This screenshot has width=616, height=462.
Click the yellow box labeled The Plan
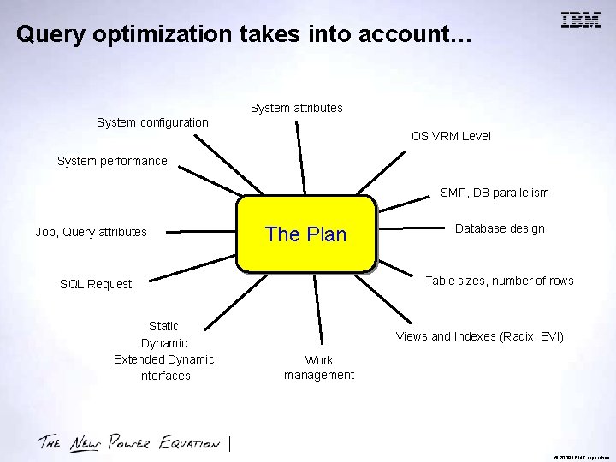pyautogui.click(x=306, y=234)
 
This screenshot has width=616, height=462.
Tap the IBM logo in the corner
pyautogui.click(x=580, y=21)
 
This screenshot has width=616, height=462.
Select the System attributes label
pyautogui.click(x=296, y=108)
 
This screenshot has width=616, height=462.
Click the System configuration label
pyautogui.click(x=152, y=122)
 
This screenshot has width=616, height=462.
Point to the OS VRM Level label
pyautogui.click(x=451, y=136)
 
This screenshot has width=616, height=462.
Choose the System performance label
pyautogui.click(x=112, y=161)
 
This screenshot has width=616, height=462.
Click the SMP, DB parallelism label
pyautogui.click(x=495, y=192)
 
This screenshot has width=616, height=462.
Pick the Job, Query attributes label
pyautogui.click(x=91, y=231)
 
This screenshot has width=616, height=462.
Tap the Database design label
pyautogui.click(x=500, y=228)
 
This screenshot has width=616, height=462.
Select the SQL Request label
pyautogui.click(x=96, y=284)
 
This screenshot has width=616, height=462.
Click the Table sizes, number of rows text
pyautogui.click(x=500, y=281)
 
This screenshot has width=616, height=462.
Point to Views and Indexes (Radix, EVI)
pyautogui.click(x=479, y=336)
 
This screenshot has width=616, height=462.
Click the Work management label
pyautogui.click(x=319, y=367)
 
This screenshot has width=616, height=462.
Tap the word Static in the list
pyautogui.click(x=163, y=326)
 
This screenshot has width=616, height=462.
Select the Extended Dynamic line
pyautogui.click(x=163, y=358)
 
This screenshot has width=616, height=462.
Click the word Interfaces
pyautogui.click(x=163, y=376)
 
